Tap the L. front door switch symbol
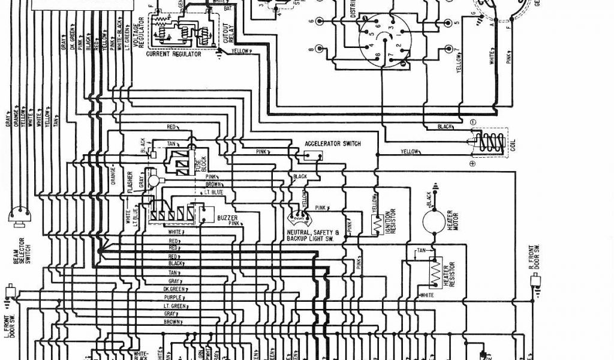[x=10, y=292]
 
